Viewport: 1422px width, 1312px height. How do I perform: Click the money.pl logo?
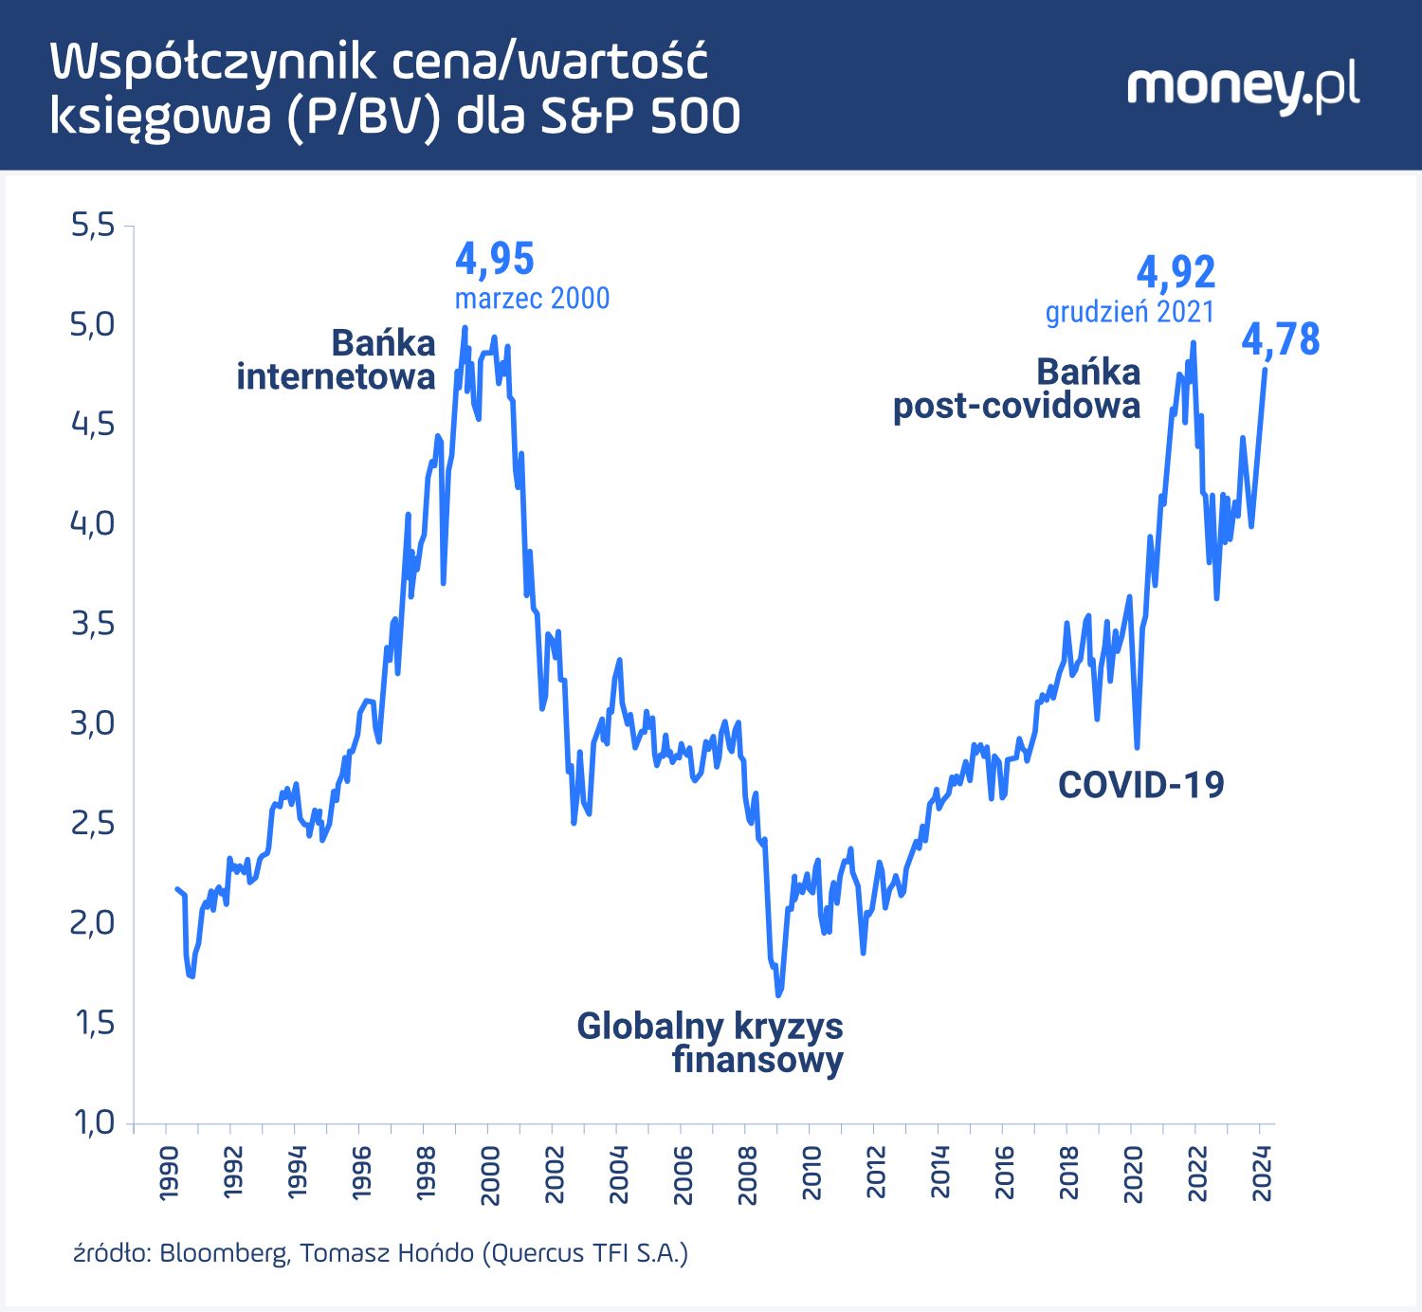[x=1243, y=88]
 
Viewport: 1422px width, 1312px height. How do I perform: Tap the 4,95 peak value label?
[x=494, y=259]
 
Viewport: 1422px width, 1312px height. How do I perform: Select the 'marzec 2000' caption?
[x=532, y=299]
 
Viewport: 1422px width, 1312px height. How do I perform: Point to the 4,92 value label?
[x=1176, y=273]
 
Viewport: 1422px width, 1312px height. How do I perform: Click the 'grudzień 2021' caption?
[x=1129, y=312]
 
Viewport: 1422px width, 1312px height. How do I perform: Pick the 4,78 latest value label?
[x=1280, y=339]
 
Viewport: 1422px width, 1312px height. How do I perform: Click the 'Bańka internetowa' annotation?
[x=337, y=359]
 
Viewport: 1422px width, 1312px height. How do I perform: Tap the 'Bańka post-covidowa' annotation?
[x=1017, y=389]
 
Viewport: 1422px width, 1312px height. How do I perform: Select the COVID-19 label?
[x=1140, y=785]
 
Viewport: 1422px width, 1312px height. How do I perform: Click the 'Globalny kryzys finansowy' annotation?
[x=710, y=1042]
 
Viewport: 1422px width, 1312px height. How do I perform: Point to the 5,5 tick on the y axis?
[x=93, y=226]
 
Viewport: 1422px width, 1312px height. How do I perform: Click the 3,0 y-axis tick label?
[x=93, y=723]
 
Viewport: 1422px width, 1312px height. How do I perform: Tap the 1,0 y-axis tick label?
[x=93, y=1122]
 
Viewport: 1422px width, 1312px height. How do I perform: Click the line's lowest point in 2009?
[x=779, y=994]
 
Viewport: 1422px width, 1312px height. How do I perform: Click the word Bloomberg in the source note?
[x=224, y=1253]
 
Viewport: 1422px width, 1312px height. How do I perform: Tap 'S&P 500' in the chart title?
[x=640, y=116]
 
